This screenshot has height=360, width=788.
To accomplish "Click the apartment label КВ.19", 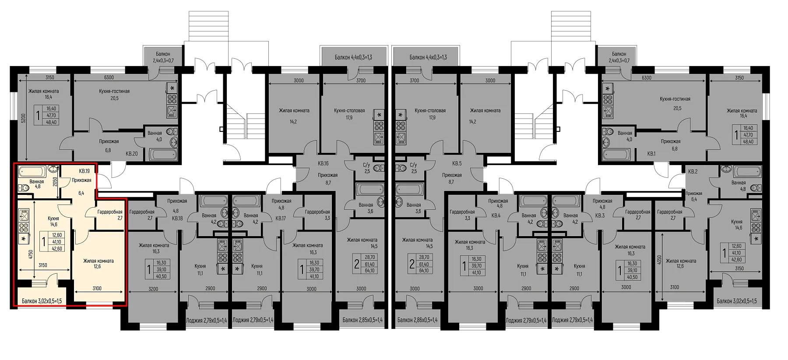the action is [x=84, y=171].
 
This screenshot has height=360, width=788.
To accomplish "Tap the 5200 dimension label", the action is [x=24, y=118].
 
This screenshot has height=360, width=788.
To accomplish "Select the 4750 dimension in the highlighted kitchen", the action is [x=30, y=254].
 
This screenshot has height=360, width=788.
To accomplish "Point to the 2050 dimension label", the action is [x=55, y=181].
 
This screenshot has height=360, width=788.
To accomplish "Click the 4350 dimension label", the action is [x=659, y=260].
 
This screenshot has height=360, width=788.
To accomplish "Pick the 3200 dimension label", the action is [x=153, y=289].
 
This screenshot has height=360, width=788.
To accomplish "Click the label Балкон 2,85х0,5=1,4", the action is [x=362, y=320].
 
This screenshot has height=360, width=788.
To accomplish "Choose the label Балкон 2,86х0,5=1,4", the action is [x=418, y=320].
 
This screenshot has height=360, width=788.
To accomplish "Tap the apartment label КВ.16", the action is [x=323, y=163].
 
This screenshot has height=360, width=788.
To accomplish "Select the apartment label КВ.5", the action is [x=457, y=163].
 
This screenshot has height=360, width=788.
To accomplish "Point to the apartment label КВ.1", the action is [x=651, y=154].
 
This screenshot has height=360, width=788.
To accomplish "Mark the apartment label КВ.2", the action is [x=693, y=171].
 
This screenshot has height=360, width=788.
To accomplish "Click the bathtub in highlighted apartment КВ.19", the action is [x=32, y=171].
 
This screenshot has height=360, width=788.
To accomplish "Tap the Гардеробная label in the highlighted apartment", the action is [x=110, y=212].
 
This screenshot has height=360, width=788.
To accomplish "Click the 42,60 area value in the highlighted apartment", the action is [x=57, y=249].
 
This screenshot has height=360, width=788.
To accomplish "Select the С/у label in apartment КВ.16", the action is [x=367, y=165].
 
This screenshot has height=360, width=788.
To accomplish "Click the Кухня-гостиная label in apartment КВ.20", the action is [x=114, y=91].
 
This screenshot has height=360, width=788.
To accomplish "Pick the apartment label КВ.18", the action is [x=177, y=218].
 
